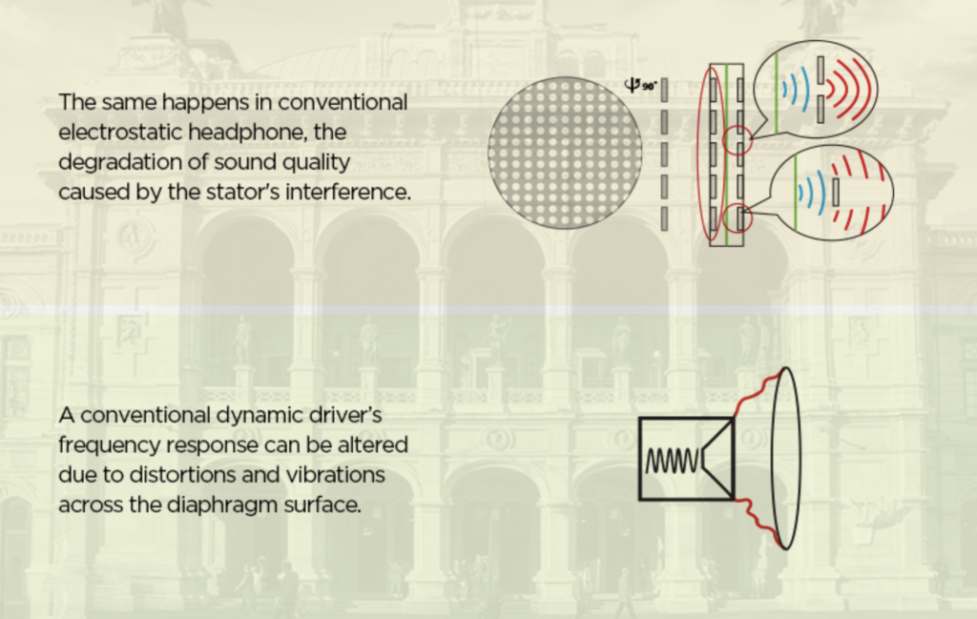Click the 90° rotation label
click(x=641, y=85)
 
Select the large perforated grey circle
click(x=565, y=153)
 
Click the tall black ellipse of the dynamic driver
click(x=787, y=458)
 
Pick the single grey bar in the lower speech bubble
click(x=836, y=194)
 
